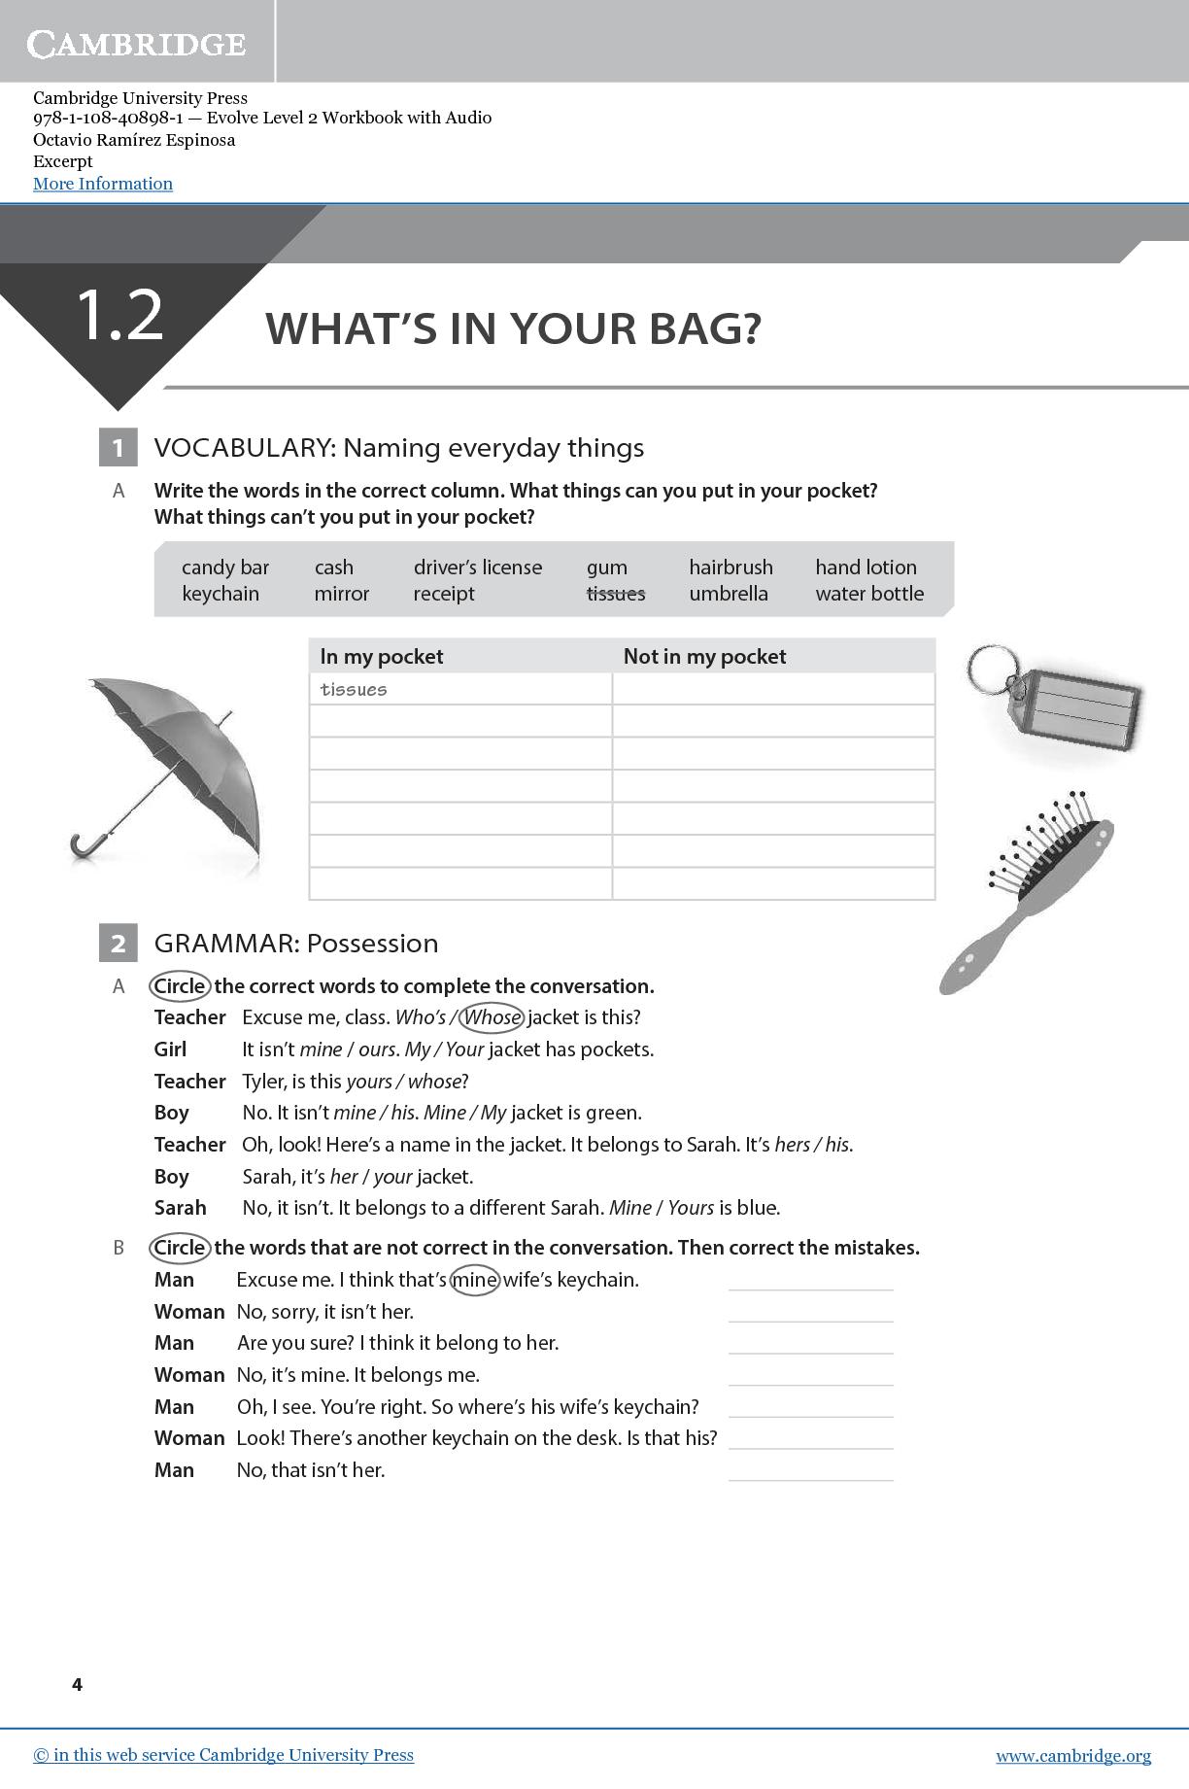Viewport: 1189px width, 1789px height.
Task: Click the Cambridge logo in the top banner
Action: [x=137, y=44]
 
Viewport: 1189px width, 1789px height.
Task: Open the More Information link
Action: [x=103, y=184]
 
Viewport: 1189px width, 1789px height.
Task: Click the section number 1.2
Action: [x=119, y=315]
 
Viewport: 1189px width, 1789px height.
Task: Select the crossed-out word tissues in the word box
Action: [x=616, y=594]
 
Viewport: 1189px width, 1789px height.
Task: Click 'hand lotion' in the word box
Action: [x=866, y=568]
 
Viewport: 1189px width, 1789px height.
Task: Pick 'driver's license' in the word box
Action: [x=478, y=568]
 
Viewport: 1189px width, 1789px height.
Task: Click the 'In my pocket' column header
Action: [x=382, y=657]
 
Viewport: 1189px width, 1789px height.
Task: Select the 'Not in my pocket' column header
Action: [x=704, y=657]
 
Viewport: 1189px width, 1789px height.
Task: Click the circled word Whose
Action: [x=493, y=1017]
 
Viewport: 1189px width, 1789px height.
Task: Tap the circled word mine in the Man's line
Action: [x=475, y=1280]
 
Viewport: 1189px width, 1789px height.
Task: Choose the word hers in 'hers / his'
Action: [x=792, y=1145]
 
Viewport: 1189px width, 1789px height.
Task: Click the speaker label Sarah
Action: [x=181, y=1208]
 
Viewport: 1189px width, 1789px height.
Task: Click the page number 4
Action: [x=78, y=1684]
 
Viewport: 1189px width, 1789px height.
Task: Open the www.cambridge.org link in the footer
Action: [x=1073, y=1756]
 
